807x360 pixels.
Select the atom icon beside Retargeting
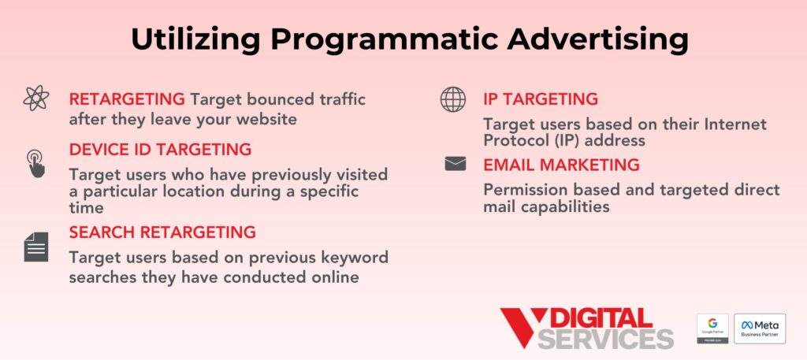click(x=36, y=99)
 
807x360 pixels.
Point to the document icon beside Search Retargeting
click(x=36, y=248)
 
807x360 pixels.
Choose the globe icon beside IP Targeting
click(x=452, y=99)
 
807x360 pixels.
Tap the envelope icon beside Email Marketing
click(x=456, y=164)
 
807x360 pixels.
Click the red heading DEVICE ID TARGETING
click(x=160, y=150)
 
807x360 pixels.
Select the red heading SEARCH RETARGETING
click(x=162, y=232)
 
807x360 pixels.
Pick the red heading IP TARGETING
click(x=541, y=99)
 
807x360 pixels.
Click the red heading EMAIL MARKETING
click(x=561, y=165)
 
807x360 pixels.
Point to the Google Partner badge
click(x=712, y=328)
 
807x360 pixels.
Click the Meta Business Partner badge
click(x=760, y=328)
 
